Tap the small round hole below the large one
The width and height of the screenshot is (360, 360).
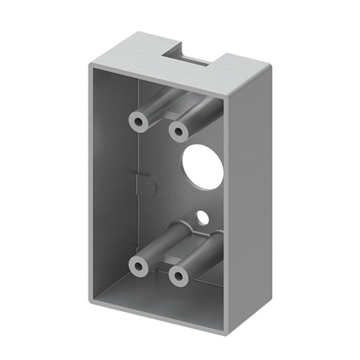click(x=204, y=218)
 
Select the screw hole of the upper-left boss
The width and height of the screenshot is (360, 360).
click(x=138, y=122)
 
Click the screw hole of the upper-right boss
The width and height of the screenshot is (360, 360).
click(x=178, y=132)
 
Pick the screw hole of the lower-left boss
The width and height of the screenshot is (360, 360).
click(x=138, y=266)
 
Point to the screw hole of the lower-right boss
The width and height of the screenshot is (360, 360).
click(x=178, y=276)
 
